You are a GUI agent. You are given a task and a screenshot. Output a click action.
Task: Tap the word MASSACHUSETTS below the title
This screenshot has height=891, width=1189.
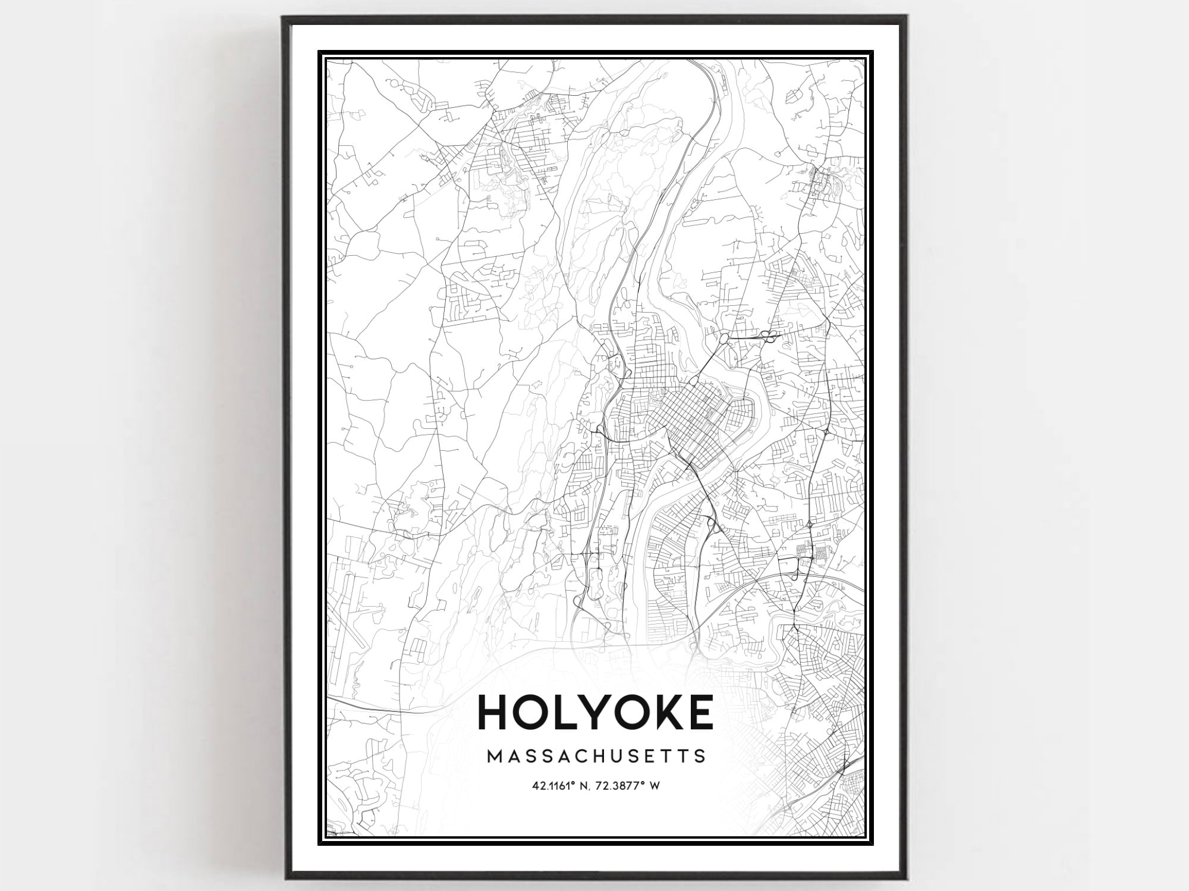coord(596,756)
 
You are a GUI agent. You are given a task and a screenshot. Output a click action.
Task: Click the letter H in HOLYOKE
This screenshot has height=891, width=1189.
coord(495,712)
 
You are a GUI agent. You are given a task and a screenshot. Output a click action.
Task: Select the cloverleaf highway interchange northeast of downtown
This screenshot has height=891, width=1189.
coord(767,338)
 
